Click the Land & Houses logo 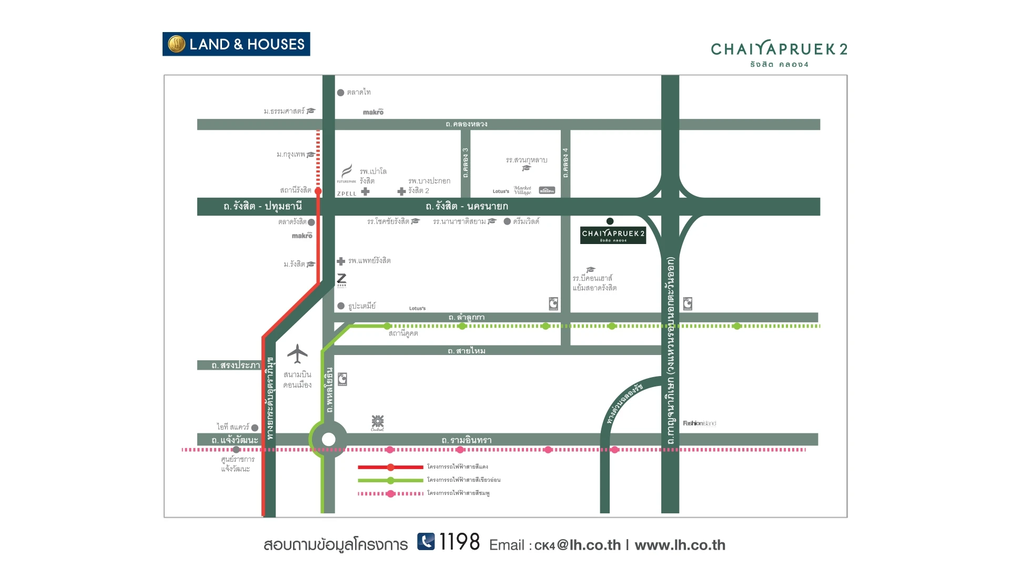[236, 44]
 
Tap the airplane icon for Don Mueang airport [297, 354]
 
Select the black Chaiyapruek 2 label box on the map [613, 235]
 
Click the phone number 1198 [459, 542]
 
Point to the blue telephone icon [426, 541]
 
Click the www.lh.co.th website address [680, 545]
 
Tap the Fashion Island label [699, 423]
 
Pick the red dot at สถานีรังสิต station [318, 191]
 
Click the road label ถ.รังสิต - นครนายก [467, 207]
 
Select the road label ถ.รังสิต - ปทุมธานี [262, 207]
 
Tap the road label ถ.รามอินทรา [467, 440]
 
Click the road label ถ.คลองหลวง [467, 125]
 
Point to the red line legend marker [390, 467]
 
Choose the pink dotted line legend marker [390, 494]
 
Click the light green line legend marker [390, 480]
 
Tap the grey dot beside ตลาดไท [340, 93]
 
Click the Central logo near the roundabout [378, 423]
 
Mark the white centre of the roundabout [328, 439]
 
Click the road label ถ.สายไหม [467, 351]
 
